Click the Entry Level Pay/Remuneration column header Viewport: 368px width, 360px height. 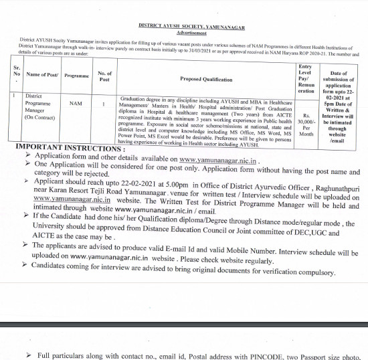pyautogui.click(x=305, y=78)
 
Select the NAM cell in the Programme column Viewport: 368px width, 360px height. pyautogui.click(x=76, y=104)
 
